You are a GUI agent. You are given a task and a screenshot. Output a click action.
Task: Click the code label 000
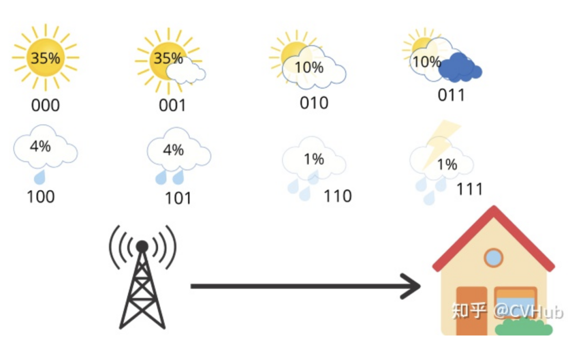tap(46, 105)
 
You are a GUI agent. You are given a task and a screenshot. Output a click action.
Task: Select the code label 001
tap(173, 105)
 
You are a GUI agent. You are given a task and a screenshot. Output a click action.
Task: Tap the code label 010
tap(314, 103)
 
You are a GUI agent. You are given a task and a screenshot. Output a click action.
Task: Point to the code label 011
tap(451, 95)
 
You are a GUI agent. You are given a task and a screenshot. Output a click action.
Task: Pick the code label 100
tap(40, 196)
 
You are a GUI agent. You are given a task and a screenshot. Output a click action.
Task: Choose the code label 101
tap(178, 198)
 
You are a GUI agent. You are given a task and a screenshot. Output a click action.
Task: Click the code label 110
tap(338, 196)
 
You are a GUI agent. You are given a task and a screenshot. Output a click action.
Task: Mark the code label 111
tap(469, 188)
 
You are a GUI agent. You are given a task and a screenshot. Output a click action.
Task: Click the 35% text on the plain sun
tap(45, 58)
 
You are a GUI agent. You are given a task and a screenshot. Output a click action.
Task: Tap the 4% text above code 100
tap(40, 146)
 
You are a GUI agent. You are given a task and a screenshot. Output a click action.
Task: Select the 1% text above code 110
tap(313, 158)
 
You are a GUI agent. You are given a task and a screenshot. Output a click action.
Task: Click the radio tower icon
tap(143, 279)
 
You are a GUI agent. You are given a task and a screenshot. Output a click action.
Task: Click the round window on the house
tap(493, 257)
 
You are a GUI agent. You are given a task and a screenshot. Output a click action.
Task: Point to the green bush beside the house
tap(524, 327)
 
